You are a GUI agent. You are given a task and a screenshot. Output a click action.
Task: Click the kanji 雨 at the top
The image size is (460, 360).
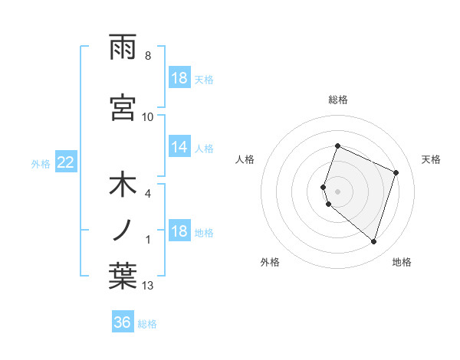[123, 48]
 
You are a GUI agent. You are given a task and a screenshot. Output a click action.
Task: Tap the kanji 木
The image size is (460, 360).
[123, 187]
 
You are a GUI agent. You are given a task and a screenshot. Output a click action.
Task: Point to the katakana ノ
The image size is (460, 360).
[123, 230]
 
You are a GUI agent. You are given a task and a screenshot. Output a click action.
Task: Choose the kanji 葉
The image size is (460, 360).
[123, 275]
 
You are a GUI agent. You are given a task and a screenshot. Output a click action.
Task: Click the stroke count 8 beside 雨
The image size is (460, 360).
[148, 56]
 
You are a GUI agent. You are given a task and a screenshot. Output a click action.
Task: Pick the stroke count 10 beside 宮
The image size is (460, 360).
[148, 116]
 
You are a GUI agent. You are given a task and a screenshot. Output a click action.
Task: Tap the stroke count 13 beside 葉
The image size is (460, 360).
[148, 286]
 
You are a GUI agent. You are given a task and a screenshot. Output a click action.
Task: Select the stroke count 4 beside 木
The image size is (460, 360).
[148, 194]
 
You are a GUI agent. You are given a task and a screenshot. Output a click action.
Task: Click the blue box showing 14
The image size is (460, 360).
[179, 148]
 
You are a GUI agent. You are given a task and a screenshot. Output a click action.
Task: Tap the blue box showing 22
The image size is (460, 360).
[65, 162]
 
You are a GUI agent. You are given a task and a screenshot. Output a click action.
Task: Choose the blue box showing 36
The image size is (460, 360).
[123, 322]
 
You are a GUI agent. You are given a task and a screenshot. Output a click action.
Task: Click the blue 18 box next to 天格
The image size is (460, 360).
[179, 79]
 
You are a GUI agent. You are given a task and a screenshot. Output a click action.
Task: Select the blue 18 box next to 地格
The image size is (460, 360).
[179, 232]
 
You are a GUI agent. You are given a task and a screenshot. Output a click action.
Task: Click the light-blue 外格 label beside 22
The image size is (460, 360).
[41, 163]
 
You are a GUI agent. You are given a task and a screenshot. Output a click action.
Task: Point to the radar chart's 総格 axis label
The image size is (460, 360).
[338, 100]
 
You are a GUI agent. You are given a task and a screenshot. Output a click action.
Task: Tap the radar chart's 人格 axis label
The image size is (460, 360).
[245, 159]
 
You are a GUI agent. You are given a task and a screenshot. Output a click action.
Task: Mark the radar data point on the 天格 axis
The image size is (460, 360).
[396, 172]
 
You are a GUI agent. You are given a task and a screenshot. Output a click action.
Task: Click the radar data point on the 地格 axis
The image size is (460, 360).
[373, 241]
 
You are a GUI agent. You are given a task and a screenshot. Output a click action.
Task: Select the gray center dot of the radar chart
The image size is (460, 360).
[338, 190]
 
